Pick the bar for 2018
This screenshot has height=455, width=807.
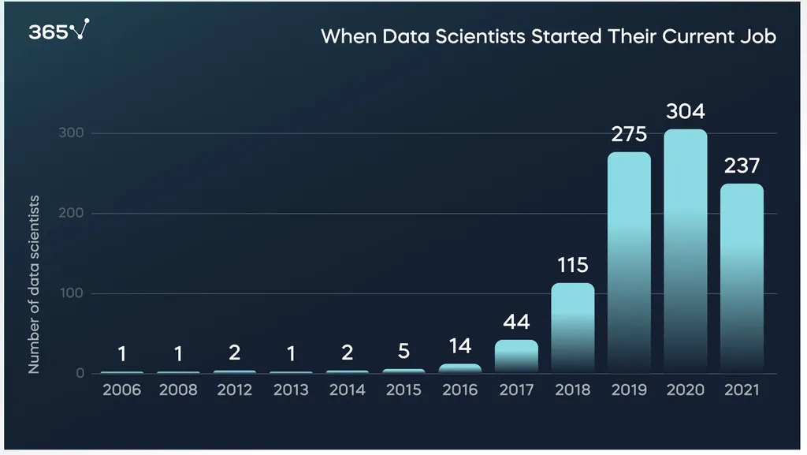point(573,327)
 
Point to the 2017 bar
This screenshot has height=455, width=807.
point(516,356)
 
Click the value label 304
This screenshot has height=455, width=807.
point(685,112)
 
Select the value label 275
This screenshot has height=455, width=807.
point(629,135)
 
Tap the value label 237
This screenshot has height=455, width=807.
point(742,166)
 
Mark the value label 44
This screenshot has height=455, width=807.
point(516,323)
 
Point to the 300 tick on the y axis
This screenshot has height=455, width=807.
point(71,133)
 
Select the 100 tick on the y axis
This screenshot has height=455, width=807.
point(72,294)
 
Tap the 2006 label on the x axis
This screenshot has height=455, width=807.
point(122,390)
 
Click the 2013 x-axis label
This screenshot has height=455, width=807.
point(291,390)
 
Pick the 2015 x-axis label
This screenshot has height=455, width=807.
point(403,390)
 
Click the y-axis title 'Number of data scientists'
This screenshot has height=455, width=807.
point(34,284)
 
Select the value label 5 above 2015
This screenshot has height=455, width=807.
point(403,352)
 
